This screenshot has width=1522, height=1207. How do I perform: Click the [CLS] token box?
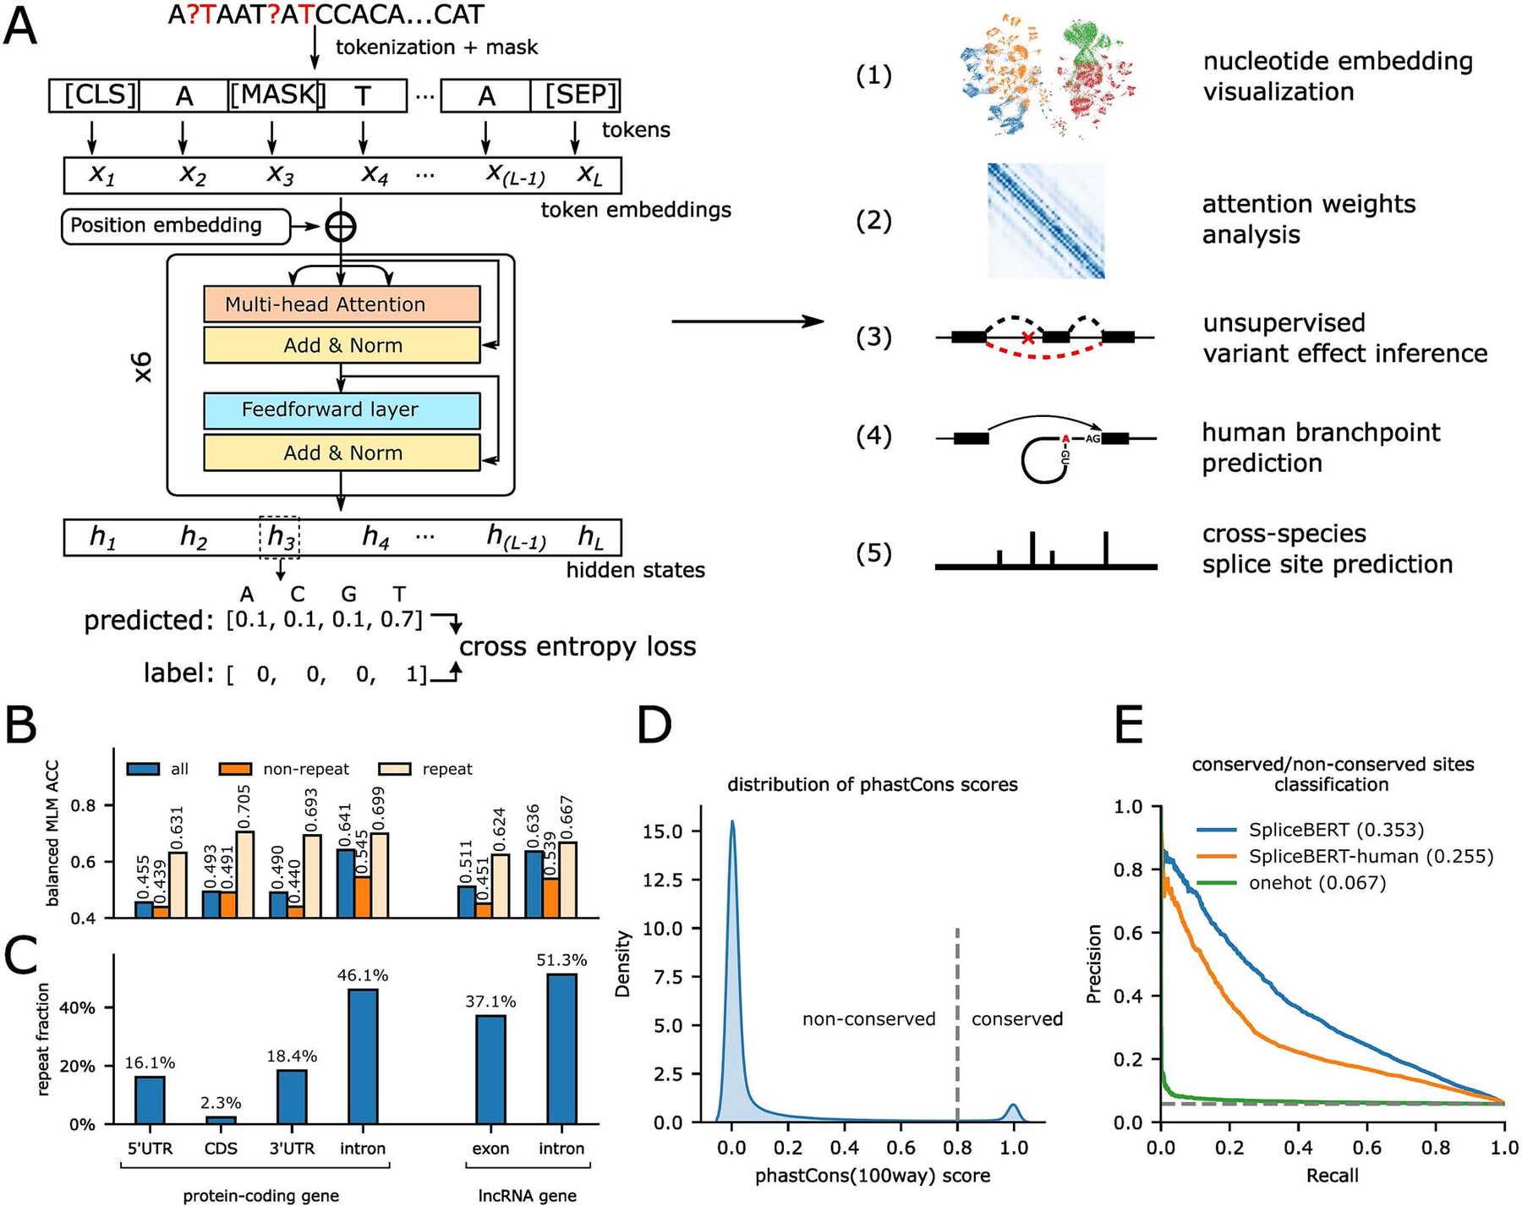tap(93, 96)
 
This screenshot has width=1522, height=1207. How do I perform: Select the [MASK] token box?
tap(273, 96)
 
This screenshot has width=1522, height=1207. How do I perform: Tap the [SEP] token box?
tap(575, 96)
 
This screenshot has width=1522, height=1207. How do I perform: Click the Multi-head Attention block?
tap(342, 304)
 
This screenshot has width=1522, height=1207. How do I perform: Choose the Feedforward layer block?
tap(342, 410)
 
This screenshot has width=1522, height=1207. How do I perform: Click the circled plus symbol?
tap(341, 227)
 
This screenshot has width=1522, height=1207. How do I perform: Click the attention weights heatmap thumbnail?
tap(1046, 221)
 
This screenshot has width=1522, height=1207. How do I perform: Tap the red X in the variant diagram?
tap(1027, 338)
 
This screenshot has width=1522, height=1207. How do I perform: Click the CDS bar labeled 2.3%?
tap(221, 1120)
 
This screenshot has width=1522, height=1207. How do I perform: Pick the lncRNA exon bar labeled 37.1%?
tap(490, 1069)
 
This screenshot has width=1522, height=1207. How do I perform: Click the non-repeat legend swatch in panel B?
tap(236, 769)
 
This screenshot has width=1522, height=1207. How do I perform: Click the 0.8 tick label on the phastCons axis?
tap(957, 1148)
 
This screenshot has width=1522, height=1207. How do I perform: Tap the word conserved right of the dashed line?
tap(1017, 1019)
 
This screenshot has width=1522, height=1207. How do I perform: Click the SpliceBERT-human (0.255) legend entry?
tap(1345, 857)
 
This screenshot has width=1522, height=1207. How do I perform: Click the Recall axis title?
tap(1333, 1175)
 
